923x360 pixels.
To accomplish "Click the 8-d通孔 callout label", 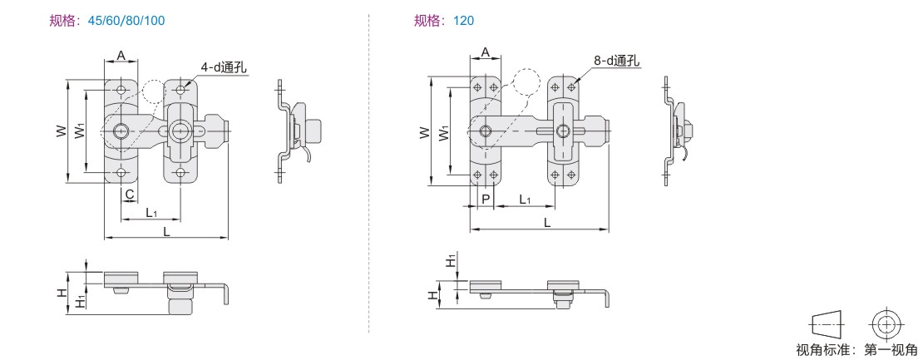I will click(617, 62).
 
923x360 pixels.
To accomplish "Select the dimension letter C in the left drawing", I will click(130, 195).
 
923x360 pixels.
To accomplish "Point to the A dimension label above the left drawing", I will click(121, 55).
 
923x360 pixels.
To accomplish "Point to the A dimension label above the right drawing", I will click(486, 52).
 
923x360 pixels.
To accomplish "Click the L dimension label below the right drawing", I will click(546, 223).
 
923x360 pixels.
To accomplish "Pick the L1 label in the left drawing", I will click(151, 213).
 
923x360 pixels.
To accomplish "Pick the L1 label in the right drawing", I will click(525, 200).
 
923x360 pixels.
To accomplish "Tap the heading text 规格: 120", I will click(444, 20).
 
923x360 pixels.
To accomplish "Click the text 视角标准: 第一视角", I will click(856, 349).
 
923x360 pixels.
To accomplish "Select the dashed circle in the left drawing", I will click(152, 91).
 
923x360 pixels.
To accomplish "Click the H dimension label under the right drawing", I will click(433, 293).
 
